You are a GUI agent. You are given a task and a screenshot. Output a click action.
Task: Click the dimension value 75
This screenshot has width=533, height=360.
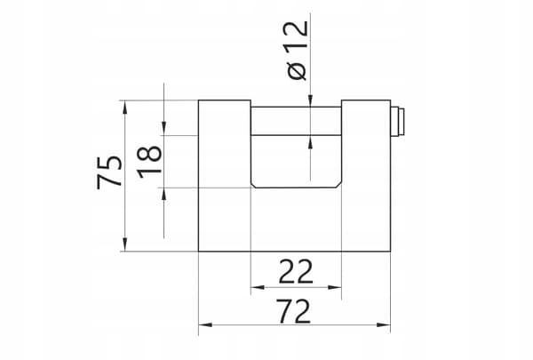pos(109,172)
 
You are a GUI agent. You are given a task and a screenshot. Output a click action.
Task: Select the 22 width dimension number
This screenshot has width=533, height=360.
pos(296,271)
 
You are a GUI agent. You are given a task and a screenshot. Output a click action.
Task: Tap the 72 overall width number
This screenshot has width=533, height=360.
pos(294,311)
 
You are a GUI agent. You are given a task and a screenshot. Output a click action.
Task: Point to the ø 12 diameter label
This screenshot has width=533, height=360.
pos(297,51)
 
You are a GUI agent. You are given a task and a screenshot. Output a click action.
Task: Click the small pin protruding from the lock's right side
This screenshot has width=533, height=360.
pos(397,122)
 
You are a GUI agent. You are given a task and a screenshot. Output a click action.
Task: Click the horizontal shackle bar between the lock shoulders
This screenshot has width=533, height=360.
pos(296,121)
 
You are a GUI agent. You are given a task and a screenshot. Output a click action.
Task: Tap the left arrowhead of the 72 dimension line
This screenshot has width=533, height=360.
pos(205,325)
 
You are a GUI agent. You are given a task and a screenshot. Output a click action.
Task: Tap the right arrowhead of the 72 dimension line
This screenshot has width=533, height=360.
pos(384,325)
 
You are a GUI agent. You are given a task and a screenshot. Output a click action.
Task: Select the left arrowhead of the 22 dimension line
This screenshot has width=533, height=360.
pos(258,287)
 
